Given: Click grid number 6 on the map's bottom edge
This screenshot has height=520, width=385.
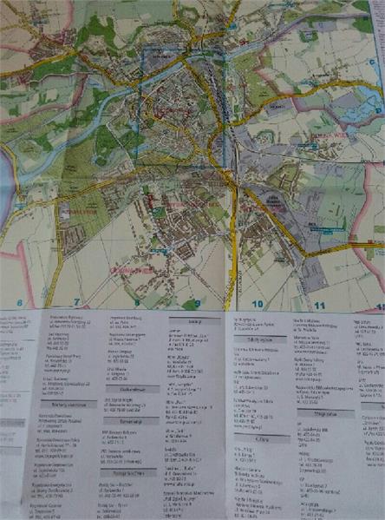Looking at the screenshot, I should [x=20, y=304].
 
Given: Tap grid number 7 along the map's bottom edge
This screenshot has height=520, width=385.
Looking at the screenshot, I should [x=76, y=304].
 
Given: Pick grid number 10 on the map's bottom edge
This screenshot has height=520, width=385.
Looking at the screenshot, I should [x=258, y=305].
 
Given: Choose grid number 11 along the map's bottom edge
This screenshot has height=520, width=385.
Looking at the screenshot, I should [x=320, y=306].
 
